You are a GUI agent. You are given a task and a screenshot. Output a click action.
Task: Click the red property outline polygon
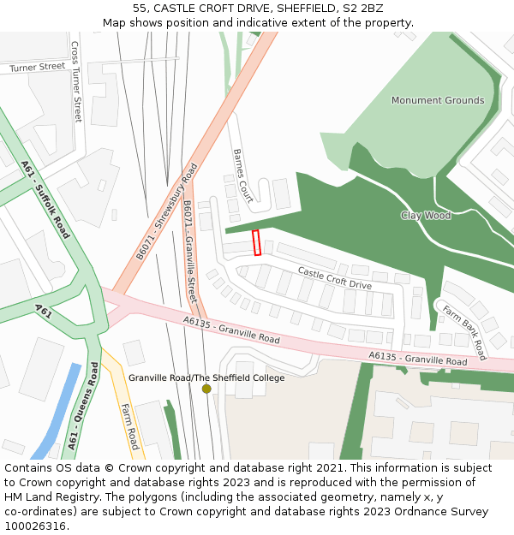[256, 242]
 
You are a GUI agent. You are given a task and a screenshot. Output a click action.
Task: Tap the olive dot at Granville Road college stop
[206, 389]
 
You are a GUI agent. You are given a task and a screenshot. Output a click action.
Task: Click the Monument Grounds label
[437, 100]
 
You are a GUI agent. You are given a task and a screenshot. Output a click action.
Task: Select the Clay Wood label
[426, 216]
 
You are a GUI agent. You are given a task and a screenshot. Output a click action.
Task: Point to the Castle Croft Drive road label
[334, 277]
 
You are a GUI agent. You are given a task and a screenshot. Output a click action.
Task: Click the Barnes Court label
[242, 175]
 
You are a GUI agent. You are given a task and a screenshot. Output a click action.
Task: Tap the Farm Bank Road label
[463, 331]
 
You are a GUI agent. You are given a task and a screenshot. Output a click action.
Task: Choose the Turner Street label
[37, 67]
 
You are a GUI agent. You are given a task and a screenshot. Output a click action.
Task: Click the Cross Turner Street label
[76, 81]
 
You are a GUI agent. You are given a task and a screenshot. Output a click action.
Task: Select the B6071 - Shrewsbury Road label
[167, 211]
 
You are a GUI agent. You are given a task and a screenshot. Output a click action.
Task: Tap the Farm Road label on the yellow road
[129, 426]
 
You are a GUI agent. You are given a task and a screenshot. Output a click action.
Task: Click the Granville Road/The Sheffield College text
[206, 377]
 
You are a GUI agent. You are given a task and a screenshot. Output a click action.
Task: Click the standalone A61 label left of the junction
[43, 309]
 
